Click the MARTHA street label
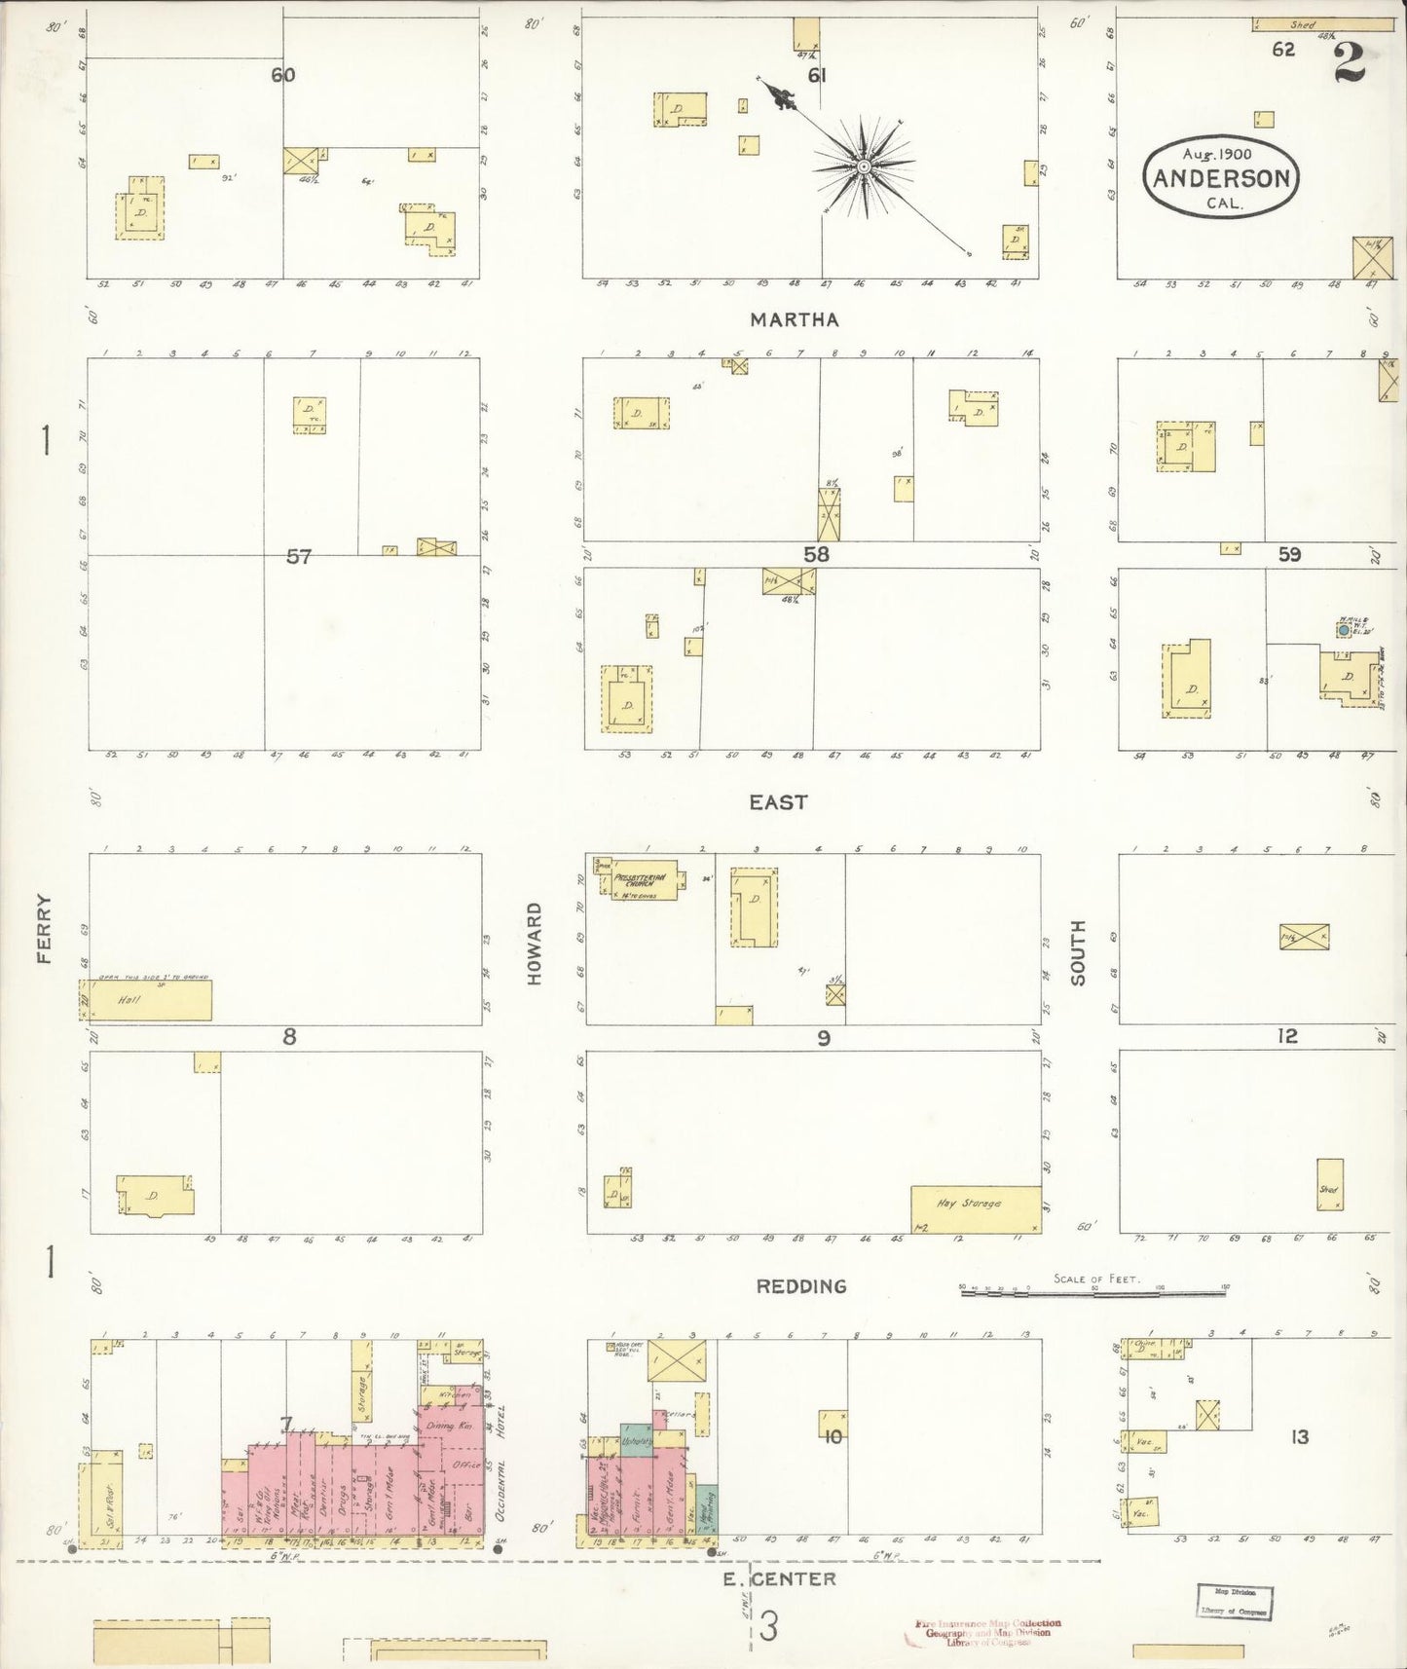tap(795, 319)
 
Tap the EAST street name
tap(778, 802)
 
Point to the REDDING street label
tap(800, 1286)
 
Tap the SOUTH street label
tap(1078, 952)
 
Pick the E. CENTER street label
tap(779, 1578)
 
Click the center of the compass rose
tap(863, 167)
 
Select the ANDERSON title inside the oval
tap(1222, 179)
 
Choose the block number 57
tap(298, 557)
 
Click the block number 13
tap(1300, 1436)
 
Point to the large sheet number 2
tap(1349, 64)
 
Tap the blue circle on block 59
tap(1344, 631)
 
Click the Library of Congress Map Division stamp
tap(1235, 1601)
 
